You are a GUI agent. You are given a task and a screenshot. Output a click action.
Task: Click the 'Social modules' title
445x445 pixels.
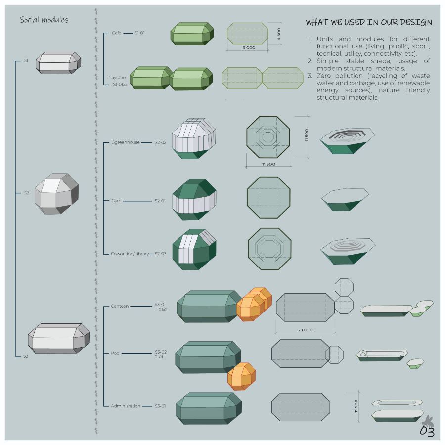coord(44,20)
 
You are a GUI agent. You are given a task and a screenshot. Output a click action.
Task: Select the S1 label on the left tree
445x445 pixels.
coord(26,61)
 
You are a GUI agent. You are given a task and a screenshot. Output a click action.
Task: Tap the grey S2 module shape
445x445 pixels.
coord(56,193)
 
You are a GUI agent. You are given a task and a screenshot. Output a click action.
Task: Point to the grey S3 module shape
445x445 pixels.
coord(59,338)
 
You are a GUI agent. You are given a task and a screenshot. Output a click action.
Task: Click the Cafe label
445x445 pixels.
coord(117,33)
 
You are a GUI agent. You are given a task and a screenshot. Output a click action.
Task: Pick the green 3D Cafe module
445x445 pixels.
coord(192,34)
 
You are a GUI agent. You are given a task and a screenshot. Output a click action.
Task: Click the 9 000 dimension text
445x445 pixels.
coord(249,48)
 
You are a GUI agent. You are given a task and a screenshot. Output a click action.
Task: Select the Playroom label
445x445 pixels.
coord(118,78)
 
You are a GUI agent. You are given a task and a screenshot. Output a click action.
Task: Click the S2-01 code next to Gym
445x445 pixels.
coord(160,201)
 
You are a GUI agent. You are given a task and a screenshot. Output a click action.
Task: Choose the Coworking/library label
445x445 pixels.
coord(130,254)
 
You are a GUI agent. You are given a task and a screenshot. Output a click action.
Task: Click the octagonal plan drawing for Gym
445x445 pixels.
coord(268,197)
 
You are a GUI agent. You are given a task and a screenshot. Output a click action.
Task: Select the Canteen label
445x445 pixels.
coord(120,306)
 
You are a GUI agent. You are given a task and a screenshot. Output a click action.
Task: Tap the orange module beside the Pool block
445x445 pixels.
coord(241,376)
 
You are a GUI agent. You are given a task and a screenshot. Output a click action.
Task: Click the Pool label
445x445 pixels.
coord(116,353)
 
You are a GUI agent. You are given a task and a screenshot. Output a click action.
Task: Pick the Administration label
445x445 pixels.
coord(126,406)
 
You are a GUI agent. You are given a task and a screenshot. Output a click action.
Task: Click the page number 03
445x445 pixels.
coord(427,432)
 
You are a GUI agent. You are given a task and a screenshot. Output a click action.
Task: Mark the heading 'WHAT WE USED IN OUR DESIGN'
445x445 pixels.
coord(368,23)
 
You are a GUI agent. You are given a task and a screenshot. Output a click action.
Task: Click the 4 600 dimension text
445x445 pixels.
coord(279,34)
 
